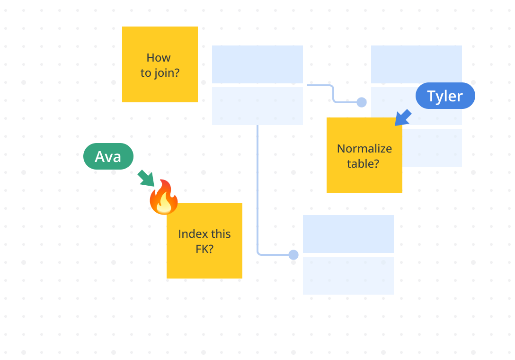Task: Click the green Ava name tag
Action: (108, 156)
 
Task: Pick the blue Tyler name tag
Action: (445, 96)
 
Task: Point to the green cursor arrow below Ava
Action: (146, 178)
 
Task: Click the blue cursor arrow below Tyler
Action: (403, 117)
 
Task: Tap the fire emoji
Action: (164, 198)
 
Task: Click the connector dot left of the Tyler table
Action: (362, 102)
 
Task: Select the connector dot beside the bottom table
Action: (293, 255)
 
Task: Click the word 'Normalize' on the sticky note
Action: (364, 149)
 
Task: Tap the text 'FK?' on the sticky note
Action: (204, 249)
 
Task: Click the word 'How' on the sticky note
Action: (159, 58)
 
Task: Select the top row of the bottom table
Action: (348, 234)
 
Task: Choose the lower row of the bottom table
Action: (348, 276)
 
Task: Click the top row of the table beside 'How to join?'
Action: (257, 64)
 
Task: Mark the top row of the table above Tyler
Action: (417, 64)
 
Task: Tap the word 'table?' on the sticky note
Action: (363, 164)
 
